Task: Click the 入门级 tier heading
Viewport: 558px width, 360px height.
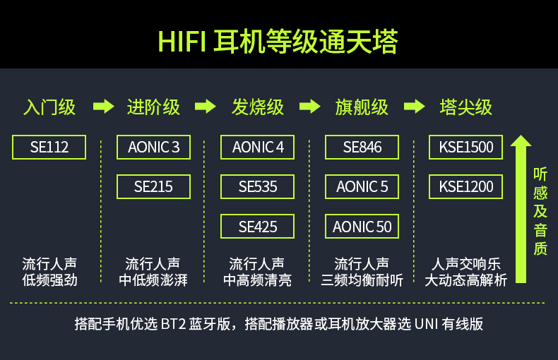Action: pos(49,107)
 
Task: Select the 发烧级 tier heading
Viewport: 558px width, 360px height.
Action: pos(258,107)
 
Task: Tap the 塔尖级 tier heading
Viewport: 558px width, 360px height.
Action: pos(466,107)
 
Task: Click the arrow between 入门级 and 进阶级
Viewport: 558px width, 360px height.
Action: pos(104,107)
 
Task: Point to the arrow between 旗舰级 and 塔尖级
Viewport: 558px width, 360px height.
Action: pos(415,107)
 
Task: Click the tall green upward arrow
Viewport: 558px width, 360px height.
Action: pos(521,209)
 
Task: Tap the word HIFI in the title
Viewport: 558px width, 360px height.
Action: pos(182,42)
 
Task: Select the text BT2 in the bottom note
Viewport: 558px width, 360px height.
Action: pos(173,324)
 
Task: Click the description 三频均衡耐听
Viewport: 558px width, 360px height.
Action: pos(362,280)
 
